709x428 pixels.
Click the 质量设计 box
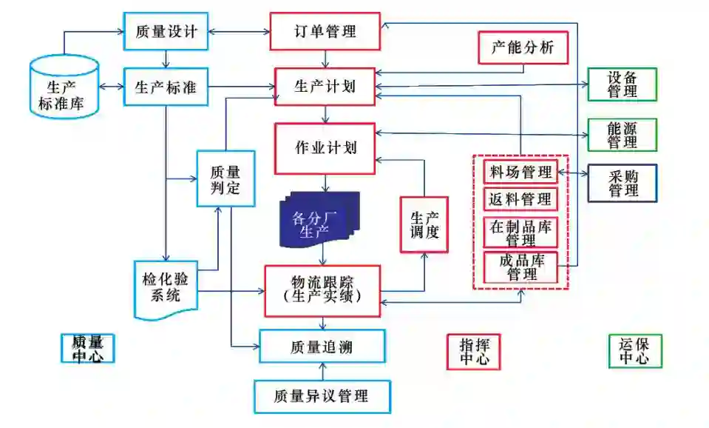click(x=166, y=32)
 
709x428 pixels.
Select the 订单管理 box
click(x=325, y=31)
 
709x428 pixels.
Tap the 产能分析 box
click(x=523, y=49)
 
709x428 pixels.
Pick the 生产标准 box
click(x=166, y=87)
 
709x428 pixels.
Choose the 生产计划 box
click(x=325, y=87)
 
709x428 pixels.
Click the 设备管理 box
click(x=622, y=84)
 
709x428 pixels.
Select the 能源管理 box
click(x=622, y=134)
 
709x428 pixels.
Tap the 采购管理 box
click(x=622, y=183)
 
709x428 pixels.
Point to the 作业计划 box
click(x=325, y=147)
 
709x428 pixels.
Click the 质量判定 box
click(x=225, y=178)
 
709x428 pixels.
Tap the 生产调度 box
click(x=424, y=224)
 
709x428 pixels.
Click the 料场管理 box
click(x=520, y=173)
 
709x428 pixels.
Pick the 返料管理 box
click(x=520, y=199)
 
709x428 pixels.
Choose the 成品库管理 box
click(x=520, y=267)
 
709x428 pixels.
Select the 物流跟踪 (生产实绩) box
click(x=322, y=290)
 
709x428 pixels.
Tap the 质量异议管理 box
click(x=322, y=396)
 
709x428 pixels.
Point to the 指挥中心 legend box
click(x=473, y=351)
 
